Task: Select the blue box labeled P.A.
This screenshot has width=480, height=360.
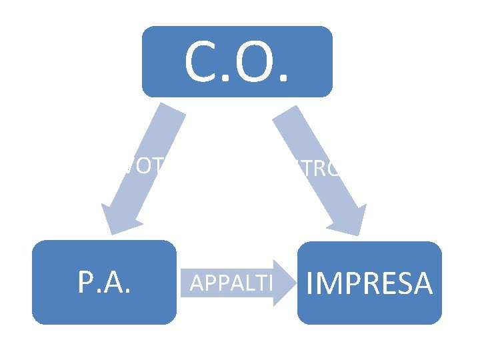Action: point(105,282)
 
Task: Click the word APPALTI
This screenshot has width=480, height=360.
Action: point(231,283)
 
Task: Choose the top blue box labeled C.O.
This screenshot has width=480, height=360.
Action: point(237,61)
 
